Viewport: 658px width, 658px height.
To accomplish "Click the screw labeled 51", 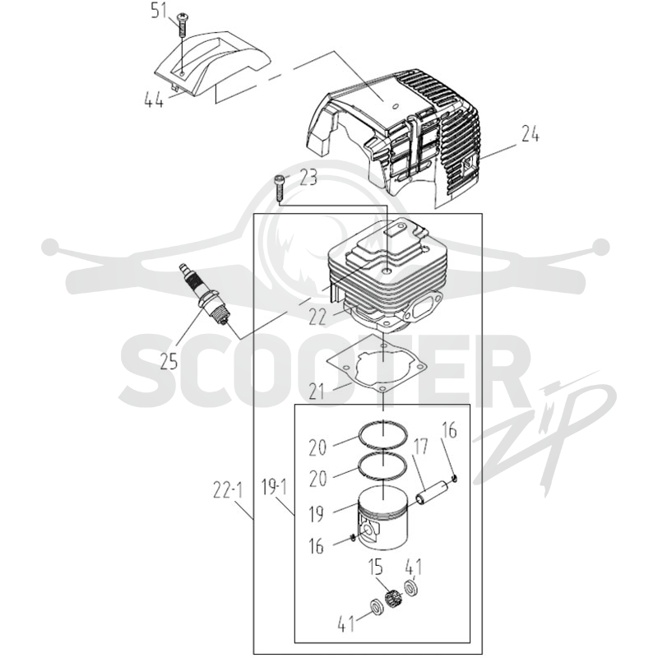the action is coord(183,25).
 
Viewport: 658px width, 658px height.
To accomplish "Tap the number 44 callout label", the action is coord(154,100).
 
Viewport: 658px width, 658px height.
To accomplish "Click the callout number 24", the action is coord(530,134).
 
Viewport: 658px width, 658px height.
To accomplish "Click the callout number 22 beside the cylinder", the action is coord(317,316).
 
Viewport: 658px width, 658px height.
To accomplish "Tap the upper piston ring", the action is coord(382,433).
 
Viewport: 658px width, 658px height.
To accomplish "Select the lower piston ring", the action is coord(382,466).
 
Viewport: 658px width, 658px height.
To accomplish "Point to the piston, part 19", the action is coord(383,517).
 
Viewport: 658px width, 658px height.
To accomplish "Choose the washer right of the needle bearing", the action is coord(410,587).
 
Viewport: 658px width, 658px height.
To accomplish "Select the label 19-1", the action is coord(275,488).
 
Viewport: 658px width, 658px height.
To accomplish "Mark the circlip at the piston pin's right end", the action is coord(455,478).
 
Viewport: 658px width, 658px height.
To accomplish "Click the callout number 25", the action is coord(169,361).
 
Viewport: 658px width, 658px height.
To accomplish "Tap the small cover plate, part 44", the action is coord(213,63).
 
